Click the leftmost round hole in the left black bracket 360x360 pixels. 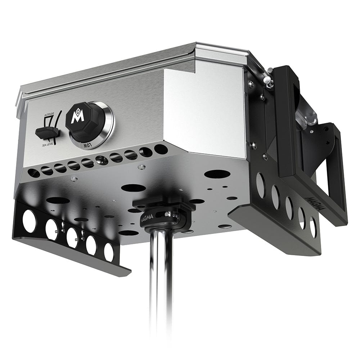pyautogui.click(x=29, y=220)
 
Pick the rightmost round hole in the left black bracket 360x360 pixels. pyautogui.click(x=108, y=252)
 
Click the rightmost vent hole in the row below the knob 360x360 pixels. pyautogui.click(x=161, y=149)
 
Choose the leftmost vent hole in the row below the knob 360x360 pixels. pyautogui.click(x=33, y=173)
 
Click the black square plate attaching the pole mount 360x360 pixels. pyautogui.click(x=164, y=203)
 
